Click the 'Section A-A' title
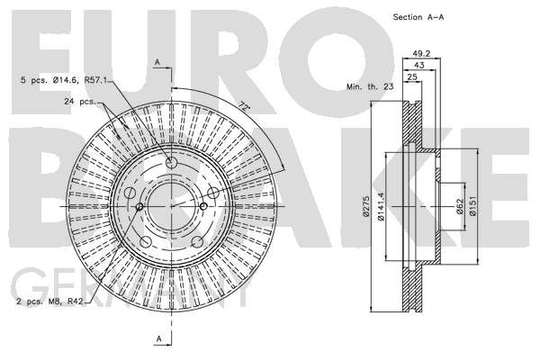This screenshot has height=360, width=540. click(x=418, y=17)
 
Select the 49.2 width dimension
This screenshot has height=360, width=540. click(x=422, y=53)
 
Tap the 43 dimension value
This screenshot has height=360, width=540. click(x=419, y=65)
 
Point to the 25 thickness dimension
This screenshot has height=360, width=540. click(x=412, y=76)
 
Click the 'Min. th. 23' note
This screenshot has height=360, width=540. click(x=370, y=86)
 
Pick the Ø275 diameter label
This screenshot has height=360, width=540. click(x=366, y=206)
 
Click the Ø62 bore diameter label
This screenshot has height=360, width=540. click(x=460, y=206)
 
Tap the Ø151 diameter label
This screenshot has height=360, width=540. click(x=472, y=206)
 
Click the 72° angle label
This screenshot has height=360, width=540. click(x=244, y=106)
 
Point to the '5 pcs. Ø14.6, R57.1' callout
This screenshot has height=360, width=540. click(x=65, y=80)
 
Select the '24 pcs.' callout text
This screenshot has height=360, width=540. click(x=79, y=102)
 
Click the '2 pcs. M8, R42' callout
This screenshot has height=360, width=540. click(x=50, y=301)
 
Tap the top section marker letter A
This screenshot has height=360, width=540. click(x=157, y=62)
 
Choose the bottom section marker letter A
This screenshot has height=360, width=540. click(x=158, y=338)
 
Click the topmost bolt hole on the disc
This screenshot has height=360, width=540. click(x=171, y=162)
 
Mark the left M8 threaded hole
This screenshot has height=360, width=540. click(x=139, y=207)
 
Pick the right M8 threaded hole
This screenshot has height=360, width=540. click(x=203, y=206)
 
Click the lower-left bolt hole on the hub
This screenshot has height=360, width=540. click(x=146, y=242)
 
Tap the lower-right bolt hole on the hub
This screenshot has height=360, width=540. click(x=197, y=242)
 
